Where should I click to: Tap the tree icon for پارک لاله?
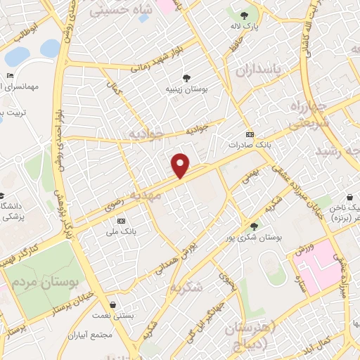coord(244,15)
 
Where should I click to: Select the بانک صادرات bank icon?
coord(249,134)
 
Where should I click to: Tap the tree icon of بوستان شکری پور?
coord(253,226)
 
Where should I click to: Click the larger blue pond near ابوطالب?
coord(51,48)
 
